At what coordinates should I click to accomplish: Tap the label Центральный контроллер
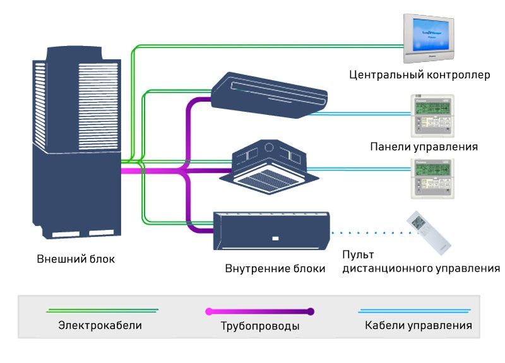[x=419, y=76]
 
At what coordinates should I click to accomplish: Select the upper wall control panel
[x=433, y=117]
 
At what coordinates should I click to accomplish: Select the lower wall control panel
[x=433, y=177]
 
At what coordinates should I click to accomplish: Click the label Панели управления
[x=424, y=146]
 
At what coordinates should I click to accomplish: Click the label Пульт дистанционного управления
[x=420, y=262]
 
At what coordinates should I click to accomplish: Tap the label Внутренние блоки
[x=275, y=268]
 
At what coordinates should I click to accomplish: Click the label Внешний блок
[x=76, y=259]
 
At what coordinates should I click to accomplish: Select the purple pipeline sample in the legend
[x=259, y=311]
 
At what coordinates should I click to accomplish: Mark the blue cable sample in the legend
[x=414, y=311]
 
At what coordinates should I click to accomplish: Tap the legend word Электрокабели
[x=100, y=326]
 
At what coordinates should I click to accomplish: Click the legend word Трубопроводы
[x=259, y=327]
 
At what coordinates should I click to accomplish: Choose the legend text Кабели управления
[x=418, y=326]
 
